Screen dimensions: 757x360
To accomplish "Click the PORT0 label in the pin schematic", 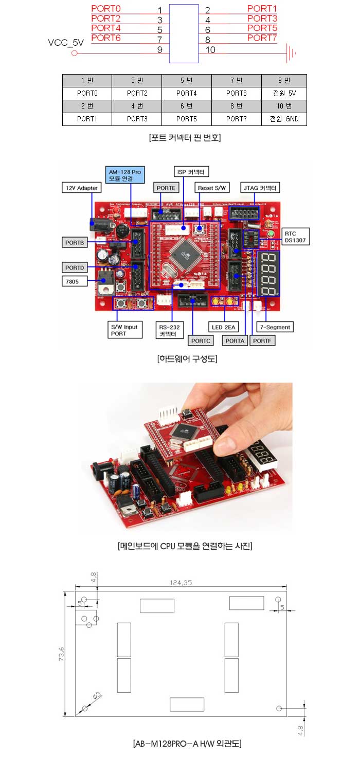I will [x=105, y=9].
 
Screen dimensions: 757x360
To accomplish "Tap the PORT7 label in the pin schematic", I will [x=262, y=38].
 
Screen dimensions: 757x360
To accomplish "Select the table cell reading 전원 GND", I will [x=284, y=119].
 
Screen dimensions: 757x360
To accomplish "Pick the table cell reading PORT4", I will [x=187, y=94].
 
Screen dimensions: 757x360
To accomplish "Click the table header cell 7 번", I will [x=236, y=81].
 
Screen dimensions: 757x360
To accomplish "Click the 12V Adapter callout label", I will [x=81, y=188].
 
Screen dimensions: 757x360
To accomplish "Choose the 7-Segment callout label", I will [x=275, y=327].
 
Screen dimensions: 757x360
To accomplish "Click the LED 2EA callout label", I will [x=224, y=327].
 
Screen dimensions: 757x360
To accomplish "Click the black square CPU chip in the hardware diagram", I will [x=184, y=251].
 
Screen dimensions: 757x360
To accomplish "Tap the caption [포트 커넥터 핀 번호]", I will [x=184, y=138].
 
